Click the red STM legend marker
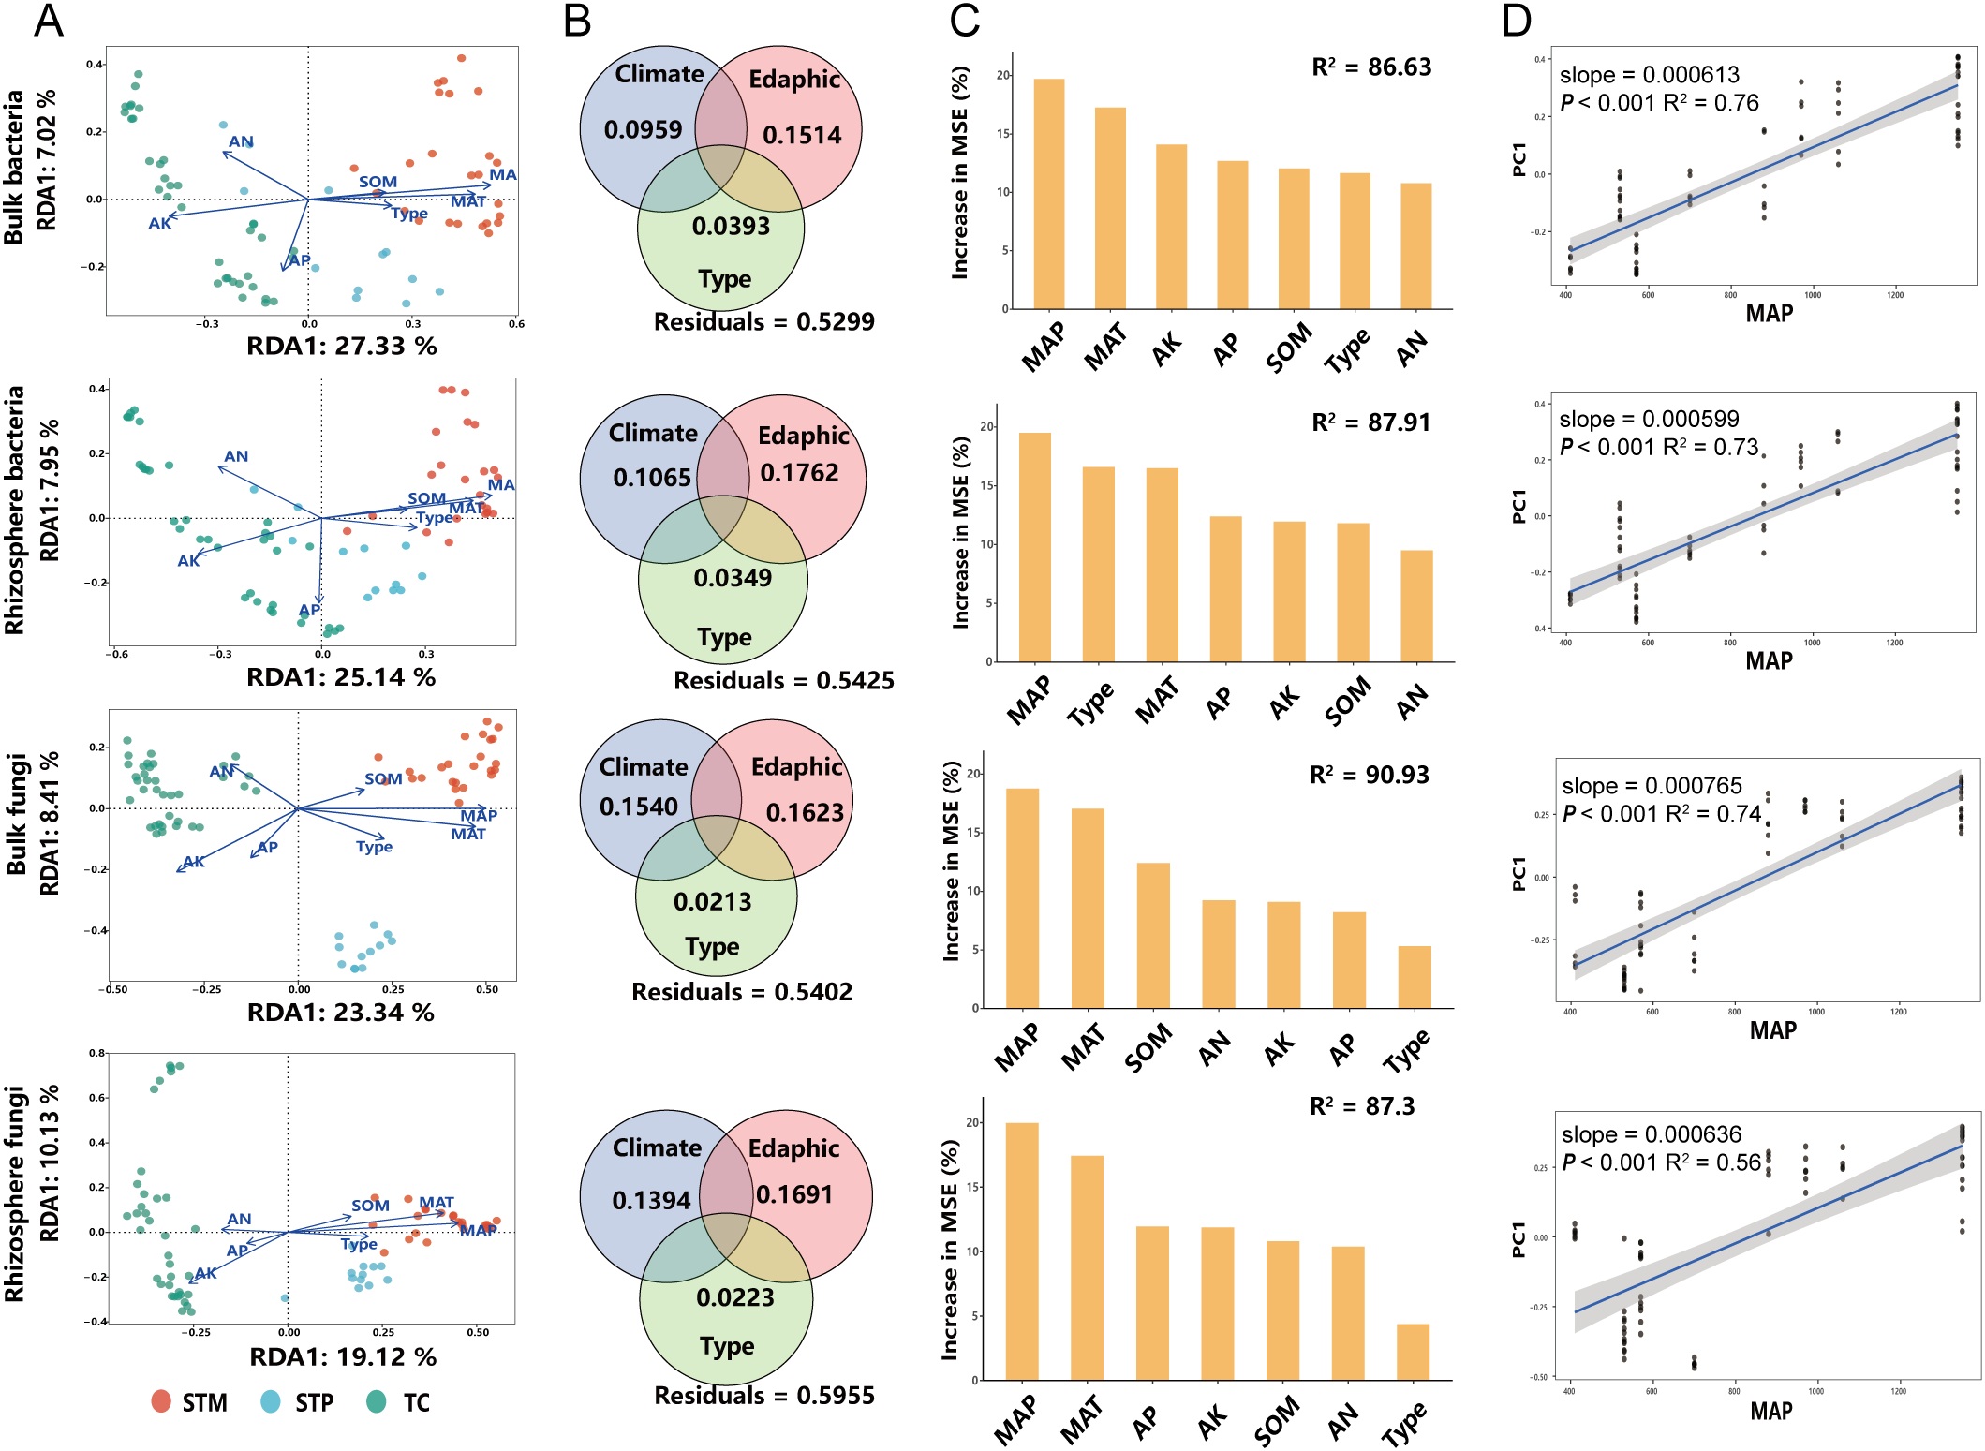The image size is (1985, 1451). coord(161,1401)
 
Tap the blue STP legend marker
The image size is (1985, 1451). coord(271,1401)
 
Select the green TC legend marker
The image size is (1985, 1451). coord(377,1401)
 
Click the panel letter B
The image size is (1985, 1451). coord(577,21)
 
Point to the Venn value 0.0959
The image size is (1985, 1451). coord(643,129)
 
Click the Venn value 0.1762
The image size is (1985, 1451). coord(799,473)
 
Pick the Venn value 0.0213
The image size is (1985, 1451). coord(712,902)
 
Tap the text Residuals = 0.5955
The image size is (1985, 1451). coord(763,1396)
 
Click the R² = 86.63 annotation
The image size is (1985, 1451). coord(1371,67)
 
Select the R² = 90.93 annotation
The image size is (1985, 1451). coord(1369,775)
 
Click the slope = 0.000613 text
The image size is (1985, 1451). coord(1649,75)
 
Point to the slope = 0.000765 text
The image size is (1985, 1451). coord(1652,786)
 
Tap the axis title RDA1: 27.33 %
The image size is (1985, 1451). coord(341,347)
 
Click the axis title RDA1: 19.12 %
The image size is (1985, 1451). coord(343,1356)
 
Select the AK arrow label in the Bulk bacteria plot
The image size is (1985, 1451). coord(160,223)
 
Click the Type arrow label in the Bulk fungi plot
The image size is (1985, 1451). coord(374,847)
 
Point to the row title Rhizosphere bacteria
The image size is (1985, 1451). coord(15,511)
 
